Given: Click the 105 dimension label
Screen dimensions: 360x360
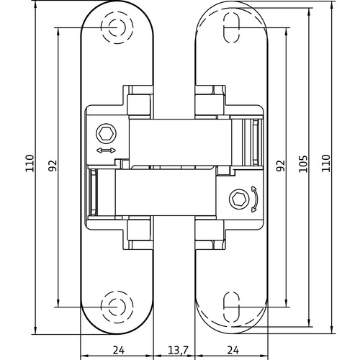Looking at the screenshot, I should [304, 164].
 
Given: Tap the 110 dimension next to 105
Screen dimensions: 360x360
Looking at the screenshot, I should [325, 164].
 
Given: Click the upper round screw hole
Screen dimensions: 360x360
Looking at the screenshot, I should [115, 27].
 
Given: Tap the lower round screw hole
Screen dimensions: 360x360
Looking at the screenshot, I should [115, 306].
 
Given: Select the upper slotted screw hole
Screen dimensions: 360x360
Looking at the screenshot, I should [232, 27].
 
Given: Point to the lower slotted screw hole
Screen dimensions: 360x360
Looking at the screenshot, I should [232, 306].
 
